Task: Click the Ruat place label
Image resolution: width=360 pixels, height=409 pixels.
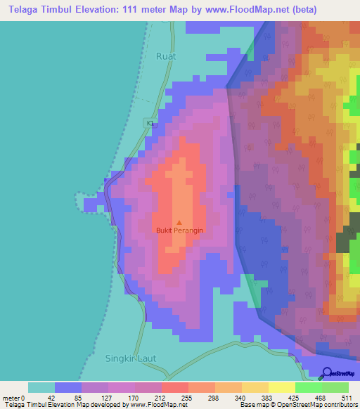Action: click(x=166, y=56)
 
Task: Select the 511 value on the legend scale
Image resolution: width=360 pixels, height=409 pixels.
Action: click(x=346, y=397)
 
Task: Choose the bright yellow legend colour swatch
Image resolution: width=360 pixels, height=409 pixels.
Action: click(x=282, y=387)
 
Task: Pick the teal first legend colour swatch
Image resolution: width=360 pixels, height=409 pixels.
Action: click(x=41, y=387)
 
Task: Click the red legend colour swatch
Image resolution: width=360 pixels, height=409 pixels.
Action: click(x=175, y=387)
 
